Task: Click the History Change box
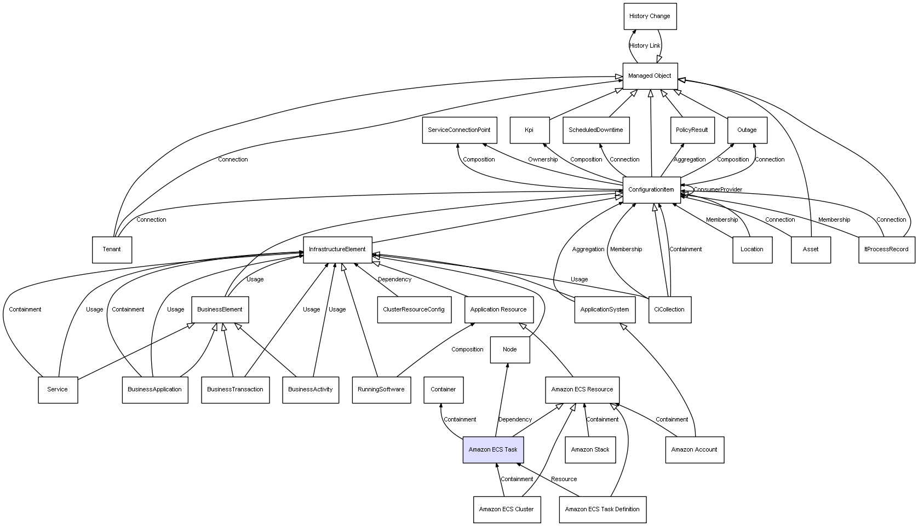click(x=650, y=16)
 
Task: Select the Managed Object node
click(x=650, y=76)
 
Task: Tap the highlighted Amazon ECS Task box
click(x=493, y=450)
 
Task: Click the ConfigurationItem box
click(x=651, y=190)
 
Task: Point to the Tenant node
click(x=112, y=250)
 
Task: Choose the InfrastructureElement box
click(x=337, y=250)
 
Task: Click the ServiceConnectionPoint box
click(x=460, y=130)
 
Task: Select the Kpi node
click(x=530, y=130)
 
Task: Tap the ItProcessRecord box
click(x=887, y=250)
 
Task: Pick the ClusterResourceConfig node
click(x=414, y=310)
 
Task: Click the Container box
click(x=444, y=390)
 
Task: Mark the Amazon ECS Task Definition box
click(x=603, y=510)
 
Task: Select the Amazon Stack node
click(x=590, y=450)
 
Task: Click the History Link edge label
click(x=645, y=46)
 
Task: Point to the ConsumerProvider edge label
click(x=718, y=190)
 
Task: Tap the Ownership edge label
click(x=543, y=160)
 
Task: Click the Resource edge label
click(x=564, y=479)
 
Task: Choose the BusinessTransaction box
click(x=235, y=390)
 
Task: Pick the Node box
click(x=510, y=350)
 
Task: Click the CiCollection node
click(x=670, y=310)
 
